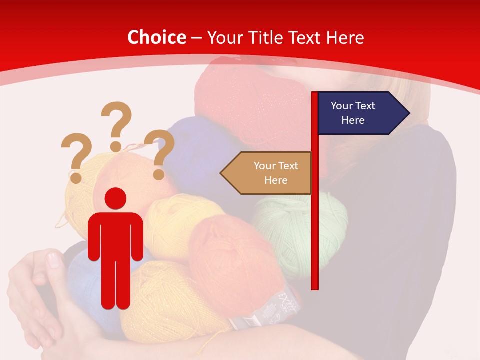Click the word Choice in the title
pos(156,37)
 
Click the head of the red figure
pos(115,198)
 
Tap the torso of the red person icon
pos(115,235)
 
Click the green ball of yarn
pos(295,230)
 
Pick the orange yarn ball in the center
pos(230,260)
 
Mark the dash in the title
pos(196,38)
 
